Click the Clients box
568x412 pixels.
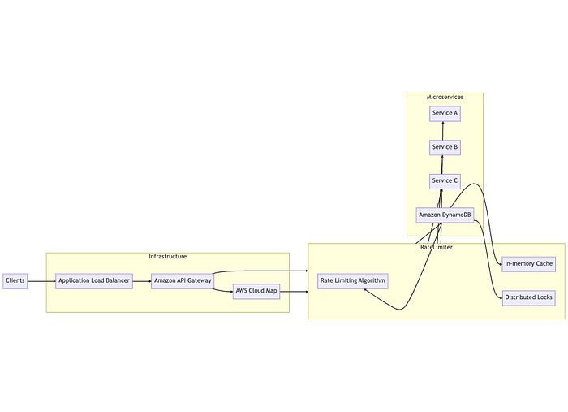[15, 281]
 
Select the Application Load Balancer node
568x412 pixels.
[94, 281]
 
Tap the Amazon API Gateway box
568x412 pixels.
[183, 281]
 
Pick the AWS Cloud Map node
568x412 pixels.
[256, 291]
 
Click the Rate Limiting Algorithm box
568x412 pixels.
[353, 281]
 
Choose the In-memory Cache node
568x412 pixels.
[528, 264]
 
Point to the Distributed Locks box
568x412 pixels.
[528, 297]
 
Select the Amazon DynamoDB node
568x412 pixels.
[445, 215]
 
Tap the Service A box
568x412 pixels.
[445, 113]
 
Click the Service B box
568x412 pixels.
[445, 147]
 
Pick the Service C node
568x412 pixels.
[445, 180]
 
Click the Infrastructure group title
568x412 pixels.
[167, 257]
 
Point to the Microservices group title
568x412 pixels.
[445, 98]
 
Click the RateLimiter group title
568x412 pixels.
[437, 247]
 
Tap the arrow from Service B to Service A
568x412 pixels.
[443, 130]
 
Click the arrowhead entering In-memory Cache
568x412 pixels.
[499, 264]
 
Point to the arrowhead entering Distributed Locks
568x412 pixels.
[499, 297]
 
